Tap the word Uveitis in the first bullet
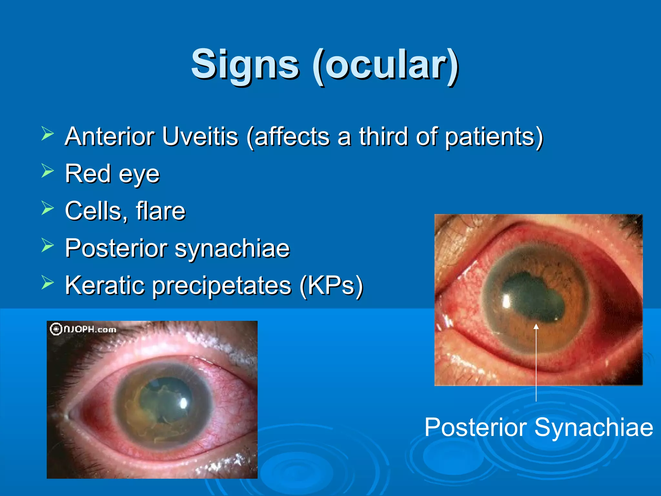point(200,137)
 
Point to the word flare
point(160,211)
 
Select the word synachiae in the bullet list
point(232,248)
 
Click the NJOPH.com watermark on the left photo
point(83,329)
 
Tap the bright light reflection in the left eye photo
point(184,403)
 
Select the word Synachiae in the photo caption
point(594,427)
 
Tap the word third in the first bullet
point(384,137)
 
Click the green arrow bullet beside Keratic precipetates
point(47,283)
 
